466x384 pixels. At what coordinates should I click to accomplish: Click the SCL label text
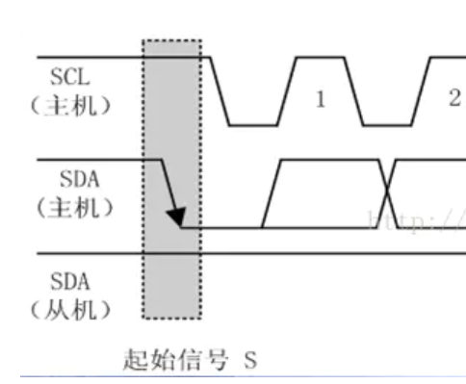(68, 75)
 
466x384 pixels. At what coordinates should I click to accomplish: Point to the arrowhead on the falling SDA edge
(178, 218)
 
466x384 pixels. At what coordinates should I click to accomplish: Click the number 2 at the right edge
(453, 98)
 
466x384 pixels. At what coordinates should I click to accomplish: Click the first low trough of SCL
(246, 125)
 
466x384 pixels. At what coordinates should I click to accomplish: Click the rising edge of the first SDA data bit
(271, 192)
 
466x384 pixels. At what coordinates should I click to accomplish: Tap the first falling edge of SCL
(220, 91)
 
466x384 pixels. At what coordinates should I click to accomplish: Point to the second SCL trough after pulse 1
(385, 125)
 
